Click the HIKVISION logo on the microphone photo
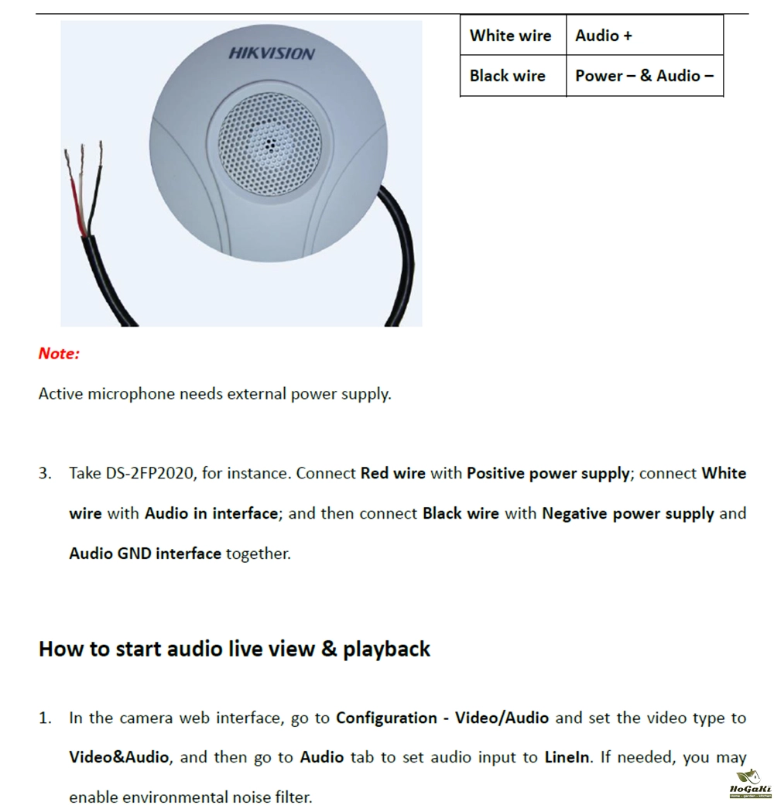tap(272, 53)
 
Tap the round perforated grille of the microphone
tap(269, 146)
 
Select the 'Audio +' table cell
tap(645, 35)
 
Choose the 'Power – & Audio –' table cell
tap(645, 75)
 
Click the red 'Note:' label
tap(59, 354)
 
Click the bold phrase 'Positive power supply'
tap(549, 474)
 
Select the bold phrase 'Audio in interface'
tap(211, 513)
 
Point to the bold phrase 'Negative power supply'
tap(628, 514)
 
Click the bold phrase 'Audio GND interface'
tap(146, 554)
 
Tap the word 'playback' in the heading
tap(386, 650)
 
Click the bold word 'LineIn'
tap(567, 757)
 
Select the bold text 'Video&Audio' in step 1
tap(119, 757)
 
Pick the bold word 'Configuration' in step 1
tap(386, 718)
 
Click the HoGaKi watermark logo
tap(751, 785)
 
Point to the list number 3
tap(45, 474)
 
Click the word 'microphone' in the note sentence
tap(132, 394)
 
